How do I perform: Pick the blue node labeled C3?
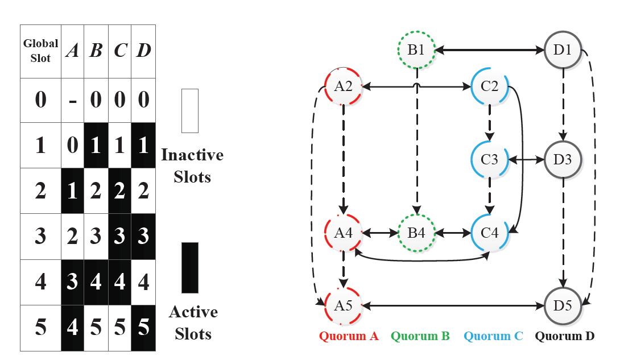(489, 160)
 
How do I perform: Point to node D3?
(563, 160)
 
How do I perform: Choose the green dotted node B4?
(416, 233)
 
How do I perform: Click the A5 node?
(343, 305)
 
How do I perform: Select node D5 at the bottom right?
(563, 305)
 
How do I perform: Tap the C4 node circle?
(489, 233)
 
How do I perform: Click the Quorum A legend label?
(349, 336)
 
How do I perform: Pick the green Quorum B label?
(420, 336)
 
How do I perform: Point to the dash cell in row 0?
(72, 101)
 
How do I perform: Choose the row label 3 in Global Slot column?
(40, 236)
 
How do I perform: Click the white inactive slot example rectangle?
(190, 110)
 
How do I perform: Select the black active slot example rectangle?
(190, 267)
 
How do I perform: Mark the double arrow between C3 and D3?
(526, 160)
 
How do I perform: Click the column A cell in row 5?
(72, 328)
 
